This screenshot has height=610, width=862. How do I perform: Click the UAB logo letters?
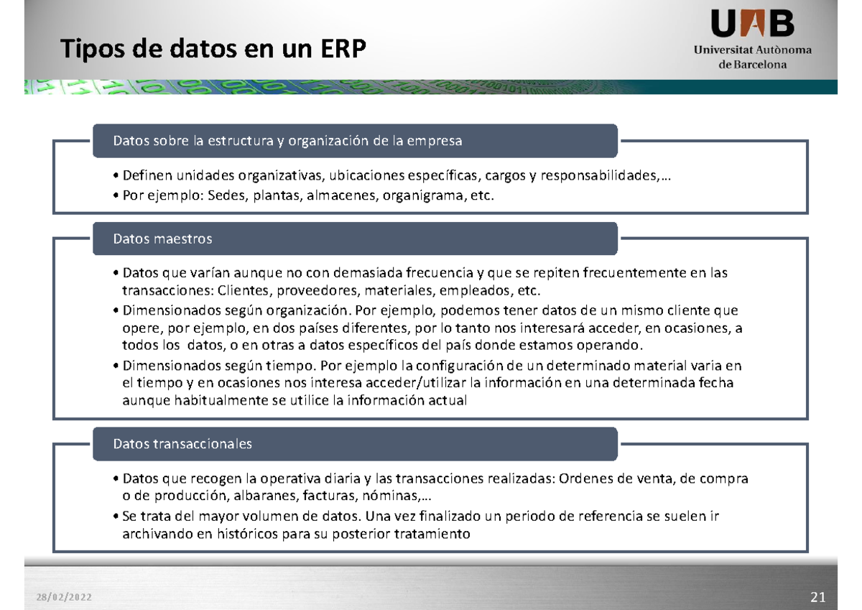click(753, 25)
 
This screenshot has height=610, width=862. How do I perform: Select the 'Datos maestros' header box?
click(355, 239)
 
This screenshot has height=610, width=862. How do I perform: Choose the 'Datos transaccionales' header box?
click(355, 444)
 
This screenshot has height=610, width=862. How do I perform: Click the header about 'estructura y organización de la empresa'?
click(355, 141)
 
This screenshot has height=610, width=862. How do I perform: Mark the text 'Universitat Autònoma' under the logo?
click(752, 50)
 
